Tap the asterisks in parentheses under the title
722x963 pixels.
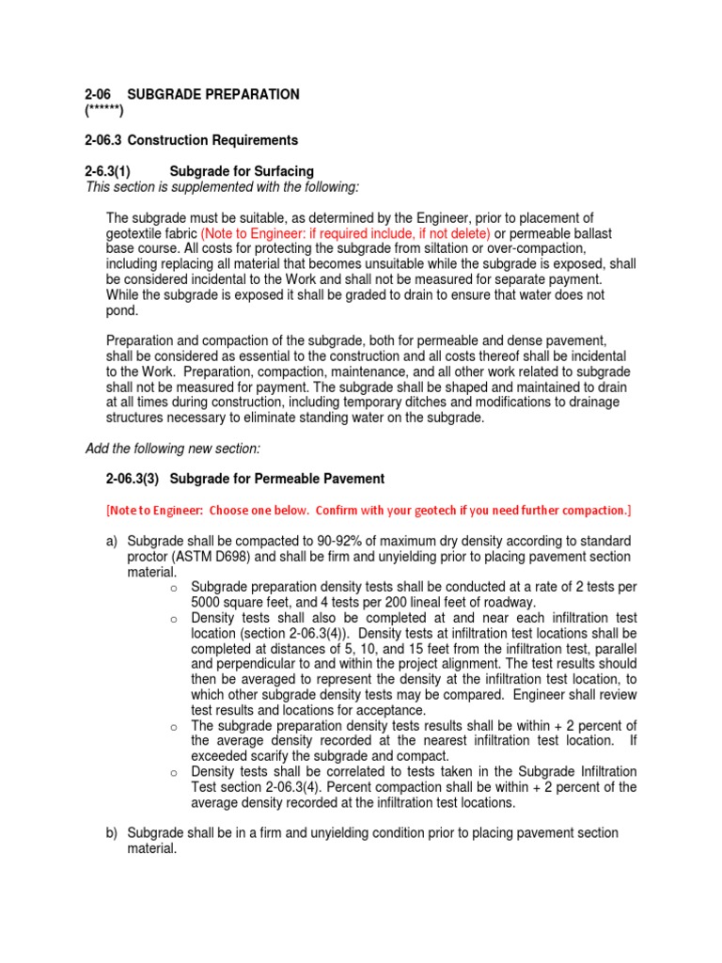[104, 110]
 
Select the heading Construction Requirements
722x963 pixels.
[212, 140]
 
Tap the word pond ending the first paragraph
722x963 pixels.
[122, 310]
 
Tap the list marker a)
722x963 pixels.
[113, 542]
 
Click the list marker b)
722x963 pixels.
[113, 833]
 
